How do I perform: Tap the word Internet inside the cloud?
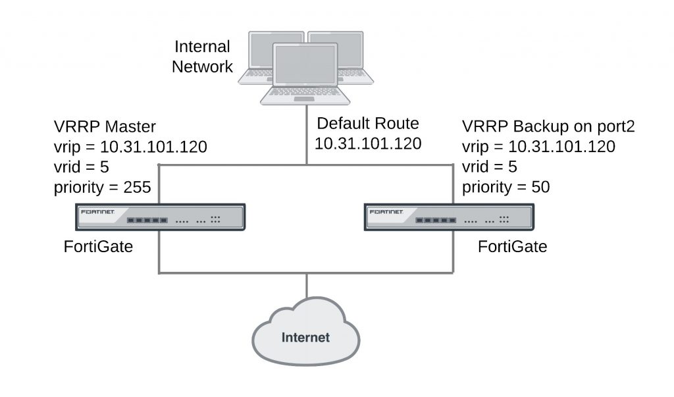tap(306, 338)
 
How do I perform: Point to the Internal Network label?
tap(203, 57)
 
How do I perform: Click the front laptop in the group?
tap(305, 74)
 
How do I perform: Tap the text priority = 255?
tap(103, 187)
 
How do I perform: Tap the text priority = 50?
tap(505, 187)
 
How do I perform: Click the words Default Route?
tap(368, 124)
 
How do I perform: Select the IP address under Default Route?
tap(368, 144)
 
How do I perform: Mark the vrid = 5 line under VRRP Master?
tap(82, 167)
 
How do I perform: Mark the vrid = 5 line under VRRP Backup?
tap(490, 167)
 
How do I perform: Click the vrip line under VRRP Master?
tap(130, 147)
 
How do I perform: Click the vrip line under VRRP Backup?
tap(538, 147)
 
